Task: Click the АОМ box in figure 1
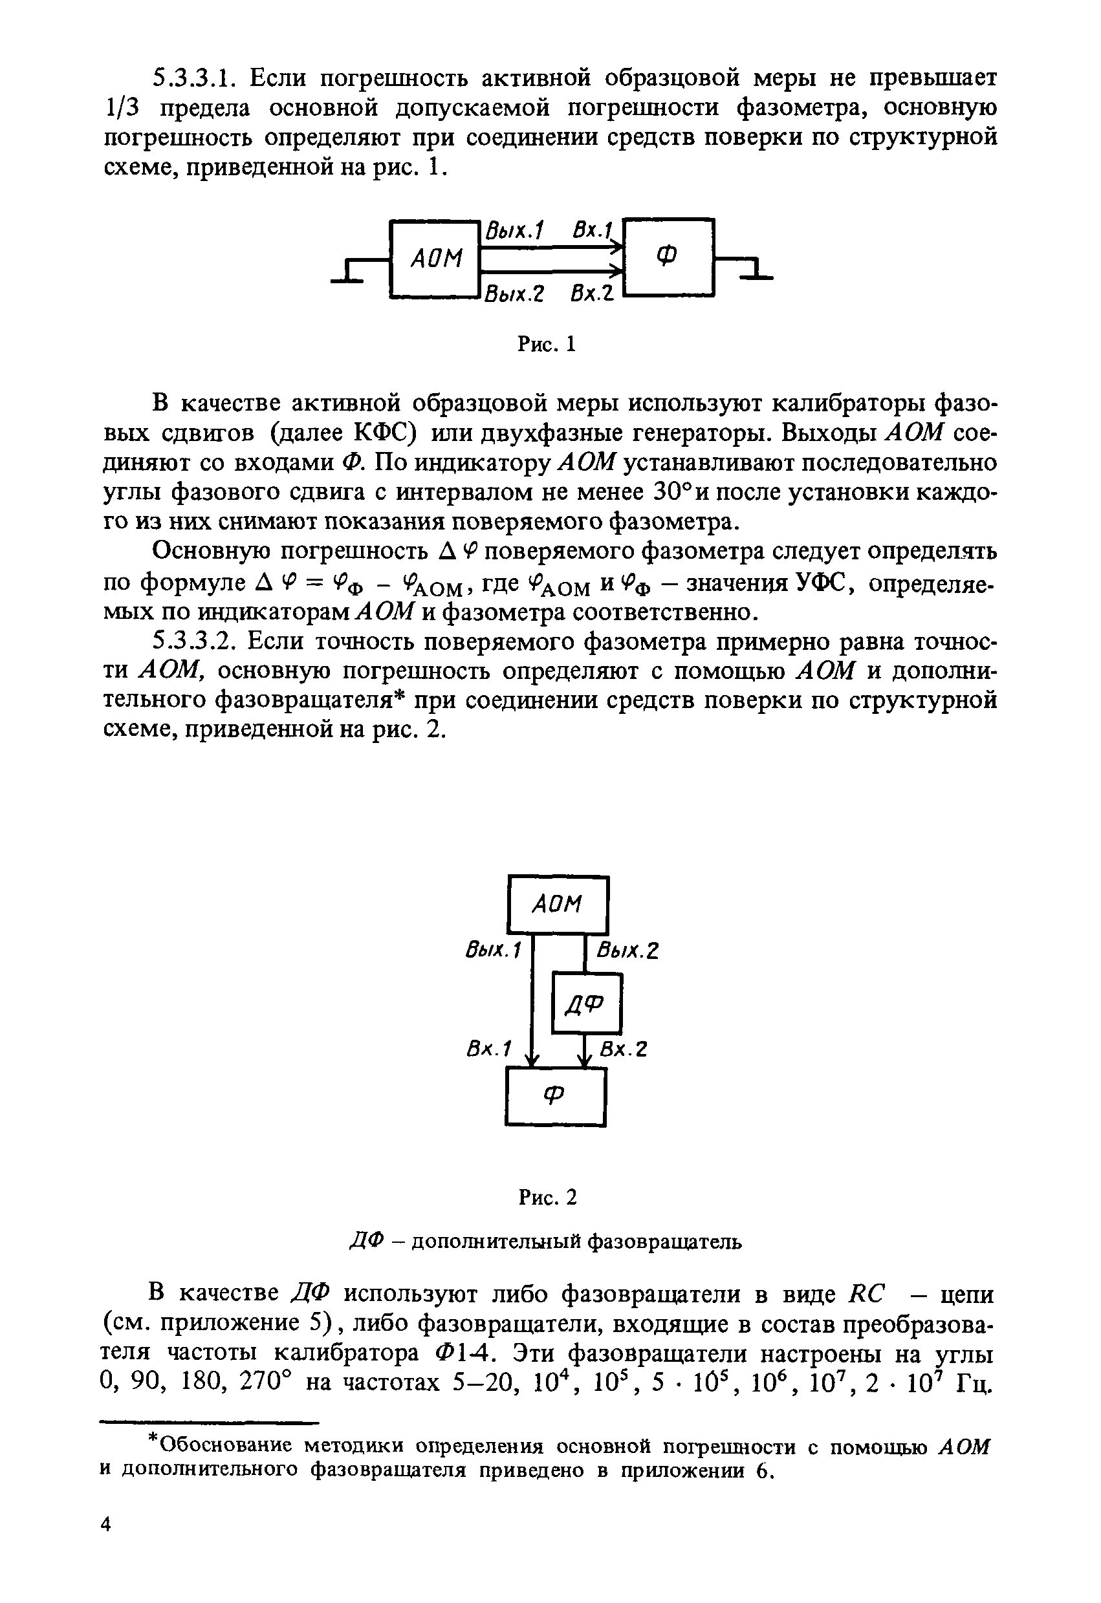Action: [435, 259]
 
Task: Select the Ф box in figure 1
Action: [668, 257]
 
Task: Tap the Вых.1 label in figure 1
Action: [515, 230]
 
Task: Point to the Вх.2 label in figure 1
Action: [592, 294]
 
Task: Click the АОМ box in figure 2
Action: [558, 904]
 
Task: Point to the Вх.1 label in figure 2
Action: [488, 1049]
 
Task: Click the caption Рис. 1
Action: [547, 343]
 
